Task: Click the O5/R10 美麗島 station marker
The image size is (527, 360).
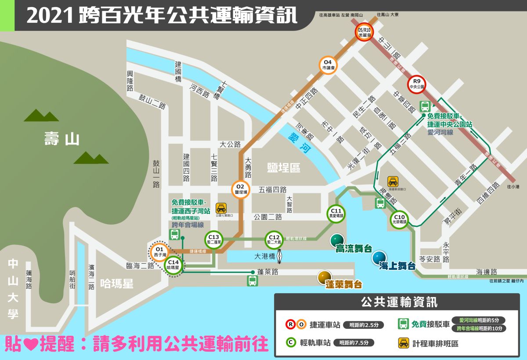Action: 365,32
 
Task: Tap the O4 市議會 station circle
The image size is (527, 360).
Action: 328,65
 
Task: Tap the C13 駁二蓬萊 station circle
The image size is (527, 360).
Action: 213,240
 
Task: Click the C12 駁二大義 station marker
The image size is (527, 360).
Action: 274,239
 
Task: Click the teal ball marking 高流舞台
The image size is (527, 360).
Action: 337,239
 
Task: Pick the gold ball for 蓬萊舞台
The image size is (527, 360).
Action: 325,276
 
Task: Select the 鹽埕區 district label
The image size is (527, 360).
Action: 283,167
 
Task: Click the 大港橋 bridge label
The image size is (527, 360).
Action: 264,256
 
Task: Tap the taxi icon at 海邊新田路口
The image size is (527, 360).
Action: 392,181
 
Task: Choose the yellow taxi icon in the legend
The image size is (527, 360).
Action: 404,343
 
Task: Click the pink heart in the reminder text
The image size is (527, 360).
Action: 29,343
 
